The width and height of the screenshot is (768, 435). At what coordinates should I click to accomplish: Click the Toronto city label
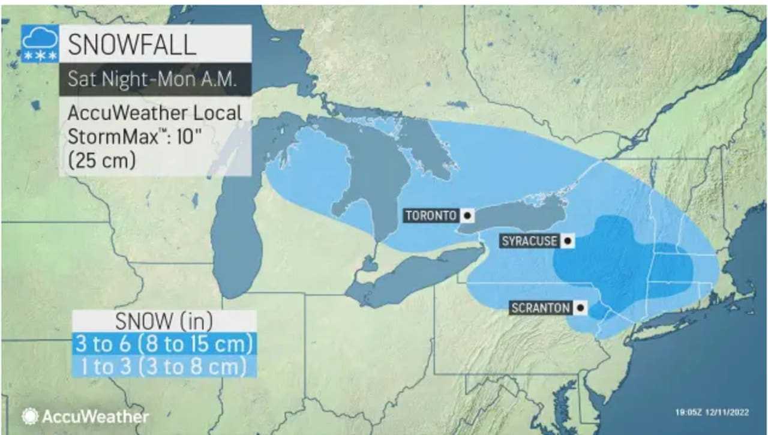[431, 215]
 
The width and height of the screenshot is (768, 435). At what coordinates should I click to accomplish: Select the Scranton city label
[541, 308]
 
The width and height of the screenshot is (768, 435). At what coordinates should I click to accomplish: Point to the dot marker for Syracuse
[567, 241]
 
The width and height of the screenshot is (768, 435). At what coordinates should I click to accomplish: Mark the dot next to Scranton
[580, 308]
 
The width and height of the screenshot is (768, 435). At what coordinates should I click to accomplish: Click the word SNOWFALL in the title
[131, 44]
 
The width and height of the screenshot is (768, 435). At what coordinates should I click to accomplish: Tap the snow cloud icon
[40, 43]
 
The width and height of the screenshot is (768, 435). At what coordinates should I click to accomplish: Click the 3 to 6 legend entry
[164, 344]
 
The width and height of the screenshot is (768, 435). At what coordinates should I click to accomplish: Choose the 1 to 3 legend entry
[164, 366]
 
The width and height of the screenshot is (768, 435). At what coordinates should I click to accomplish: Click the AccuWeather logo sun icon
[29, 416]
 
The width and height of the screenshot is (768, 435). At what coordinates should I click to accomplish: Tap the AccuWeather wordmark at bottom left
[94, 416]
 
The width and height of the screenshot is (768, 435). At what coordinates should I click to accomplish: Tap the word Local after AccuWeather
[212, 113]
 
